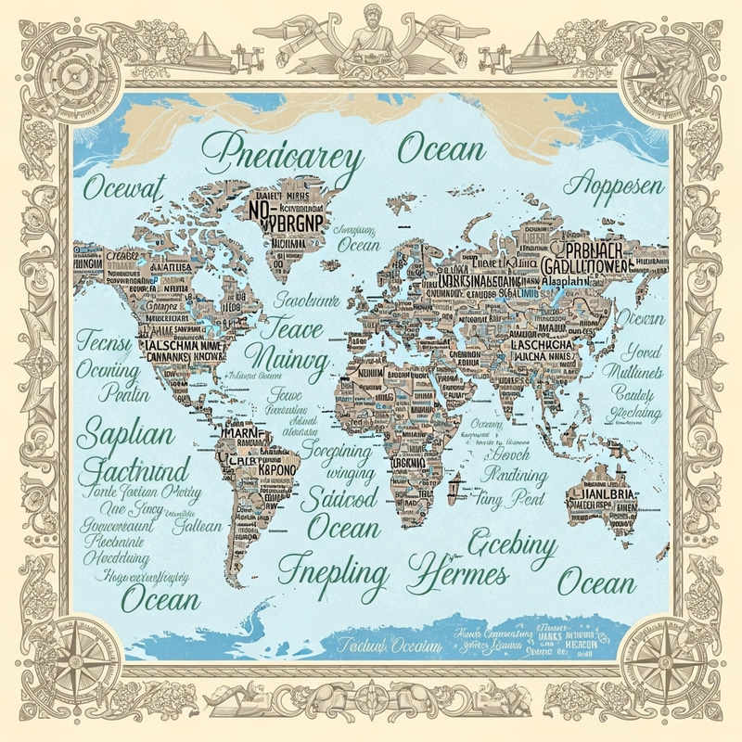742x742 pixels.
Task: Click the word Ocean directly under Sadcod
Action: coord(343,528)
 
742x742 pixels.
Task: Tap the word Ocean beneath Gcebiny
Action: coord(596,583)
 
